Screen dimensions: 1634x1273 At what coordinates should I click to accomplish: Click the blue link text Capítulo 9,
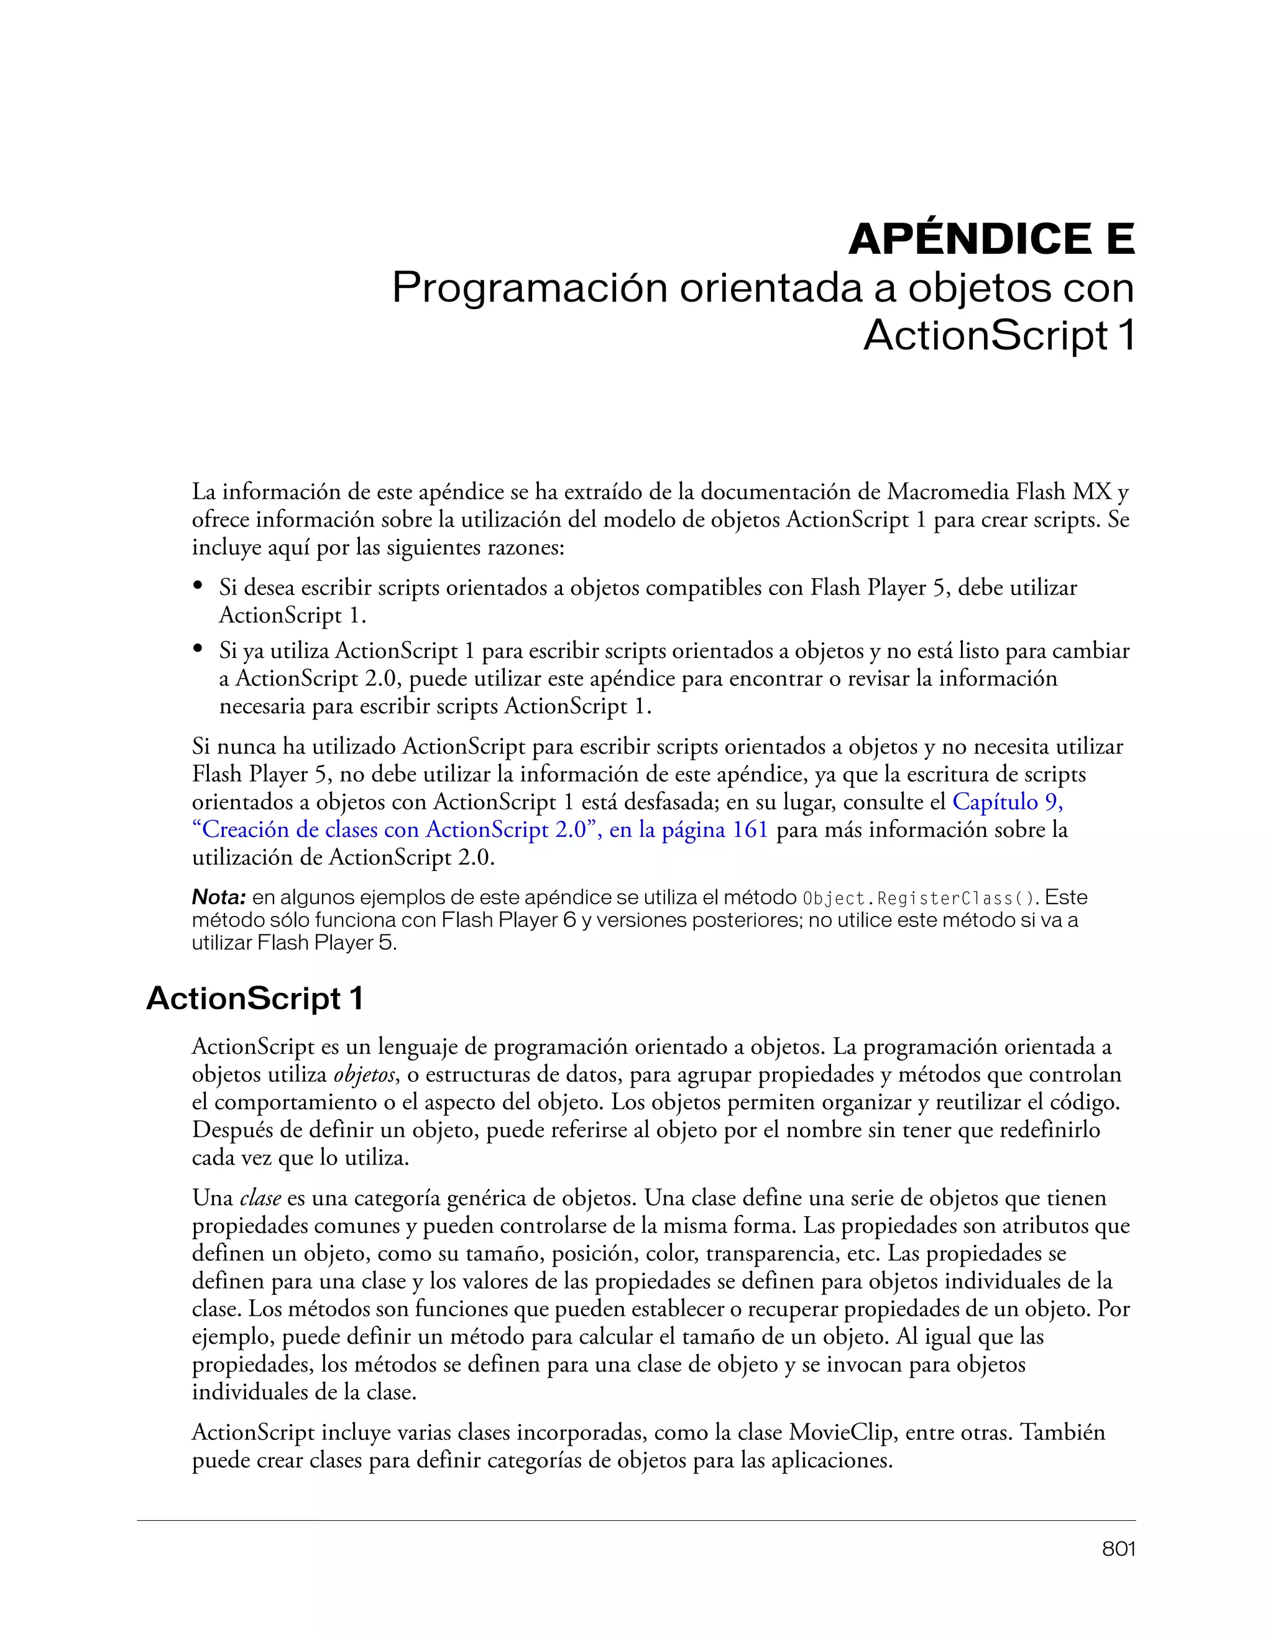[1008, 802]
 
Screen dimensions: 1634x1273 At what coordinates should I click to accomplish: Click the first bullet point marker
[198, 585]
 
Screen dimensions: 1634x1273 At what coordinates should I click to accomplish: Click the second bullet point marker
[198, 648]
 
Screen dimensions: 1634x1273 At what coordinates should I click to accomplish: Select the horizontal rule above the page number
[636, 1520]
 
